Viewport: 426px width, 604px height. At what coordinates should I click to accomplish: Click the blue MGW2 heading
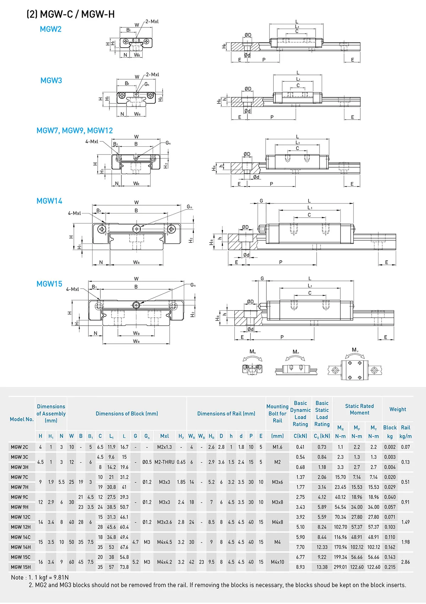coord(50,29)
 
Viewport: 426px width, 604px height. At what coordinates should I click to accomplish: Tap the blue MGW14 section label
coord(49,201)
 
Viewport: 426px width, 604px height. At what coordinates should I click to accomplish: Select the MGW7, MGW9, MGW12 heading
coord(75,131)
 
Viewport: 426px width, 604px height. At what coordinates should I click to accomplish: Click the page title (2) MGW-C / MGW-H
coord(71,15)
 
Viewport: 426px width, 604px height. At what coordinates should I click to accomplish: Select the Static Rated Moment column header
coord(359,409)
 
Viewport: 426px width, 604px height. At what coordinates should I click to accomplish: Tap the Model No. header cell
coord(22,419)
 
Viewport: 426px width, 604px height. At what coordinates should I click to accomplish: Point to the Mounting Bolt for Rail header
coord(277,414)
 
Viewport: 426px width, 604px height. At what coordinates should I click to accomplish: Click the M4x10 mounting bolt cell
coord(277,562)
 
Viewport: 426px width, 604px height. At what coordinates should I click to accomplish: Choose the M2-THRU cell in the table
coord(164,462)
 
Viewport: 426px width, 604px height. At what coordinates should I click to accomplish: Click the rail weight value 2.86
coord(405,562)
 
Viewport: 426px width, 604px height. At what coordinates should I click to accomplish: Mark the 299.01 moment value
coord(340,567)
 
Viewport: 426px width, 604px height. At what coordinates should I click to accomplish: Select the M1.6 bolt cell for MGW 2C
coord(277,447)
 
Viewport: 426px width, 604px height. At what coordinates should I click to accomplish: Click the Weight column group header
coord(398,409)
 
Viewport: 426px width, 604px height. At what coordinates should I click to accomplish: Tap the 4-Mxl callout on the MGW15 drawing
coord(72,289)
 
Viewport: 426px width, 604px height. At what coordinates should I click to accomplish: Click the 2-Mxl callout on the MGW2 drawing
coord(152,22)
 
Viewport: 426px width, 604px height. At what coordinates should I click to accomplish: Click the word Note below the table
coord(17,578)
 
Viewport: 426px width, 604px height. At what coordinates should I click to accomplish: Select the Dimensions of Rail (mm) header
coord(226,414)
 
